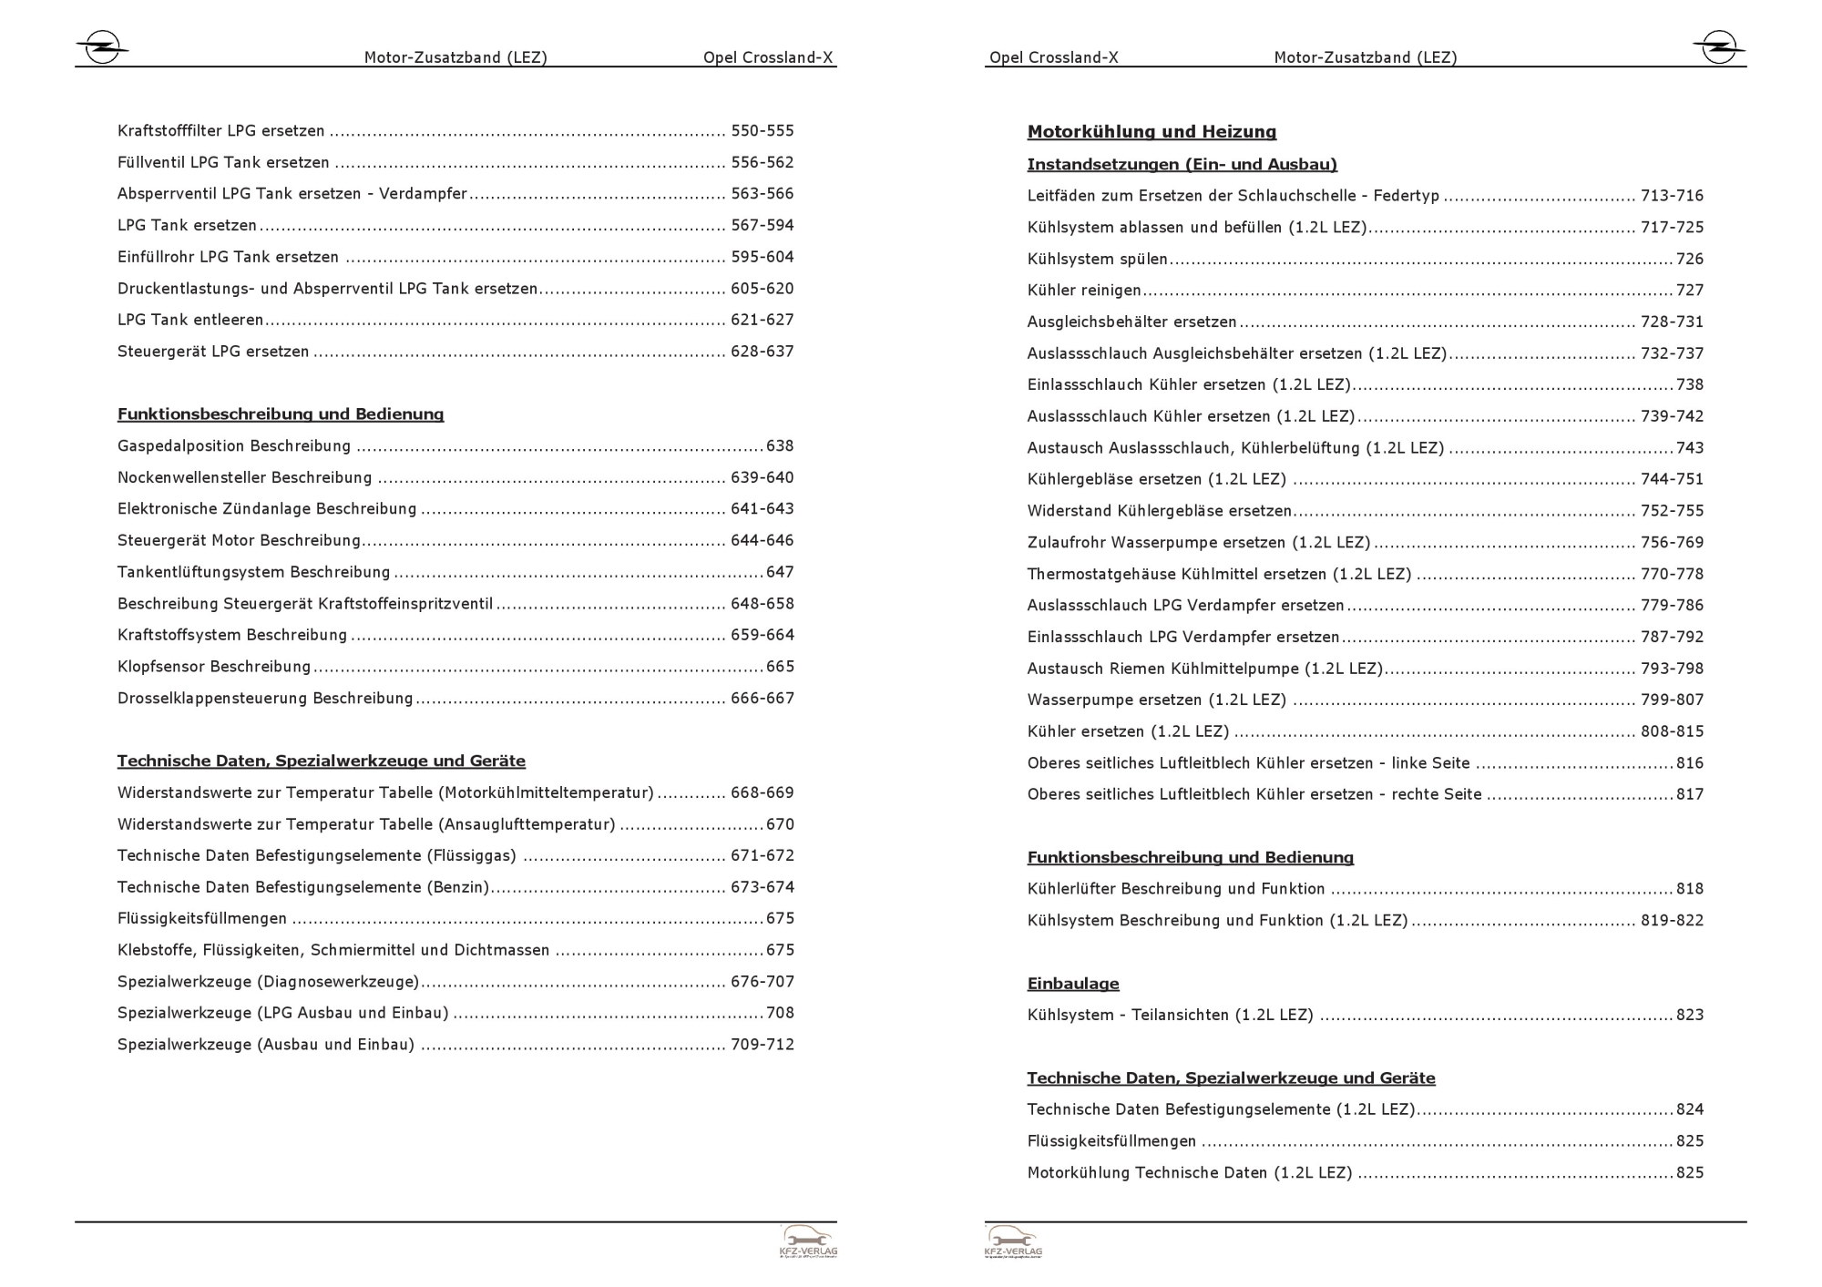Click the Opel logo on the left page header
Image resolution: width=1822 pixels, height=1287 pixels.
point(101,47)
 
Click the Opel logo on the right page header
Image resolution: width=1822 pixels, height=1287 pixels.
point(1718,46)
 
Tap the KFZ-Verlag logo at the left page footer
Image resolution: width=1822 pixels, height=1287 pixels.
point(808,1241)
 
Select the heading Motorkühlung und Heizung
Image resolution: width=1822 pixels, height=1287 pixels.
point(1152,132)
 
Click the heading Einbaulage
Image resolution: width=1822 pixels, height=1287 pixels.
point(1073,984)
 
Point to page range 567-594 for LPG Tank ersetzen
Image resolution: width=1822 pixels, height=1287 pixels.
point(763,225)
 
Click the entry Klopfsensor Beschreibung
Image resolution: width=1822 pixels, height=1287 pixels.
point(214,667)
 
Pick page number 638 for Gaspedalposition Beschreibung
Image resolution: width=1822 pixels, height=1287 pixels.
point(780,446)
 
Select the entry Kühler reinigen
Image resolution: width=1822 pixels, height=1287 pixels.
point(1084,291)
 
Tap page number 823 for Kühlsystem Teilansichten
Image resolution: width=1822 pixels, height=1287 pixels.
point(1690,1015)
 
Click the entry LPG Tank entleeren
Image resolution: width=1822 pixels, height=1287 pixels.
point(190,320)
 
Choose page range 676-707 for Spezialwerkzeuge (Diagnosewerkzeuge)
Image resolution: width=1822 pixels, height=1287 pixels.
point(763,982)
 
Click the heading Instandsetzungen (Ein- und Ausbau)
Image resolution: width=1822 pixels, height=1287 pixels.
point(1182,165)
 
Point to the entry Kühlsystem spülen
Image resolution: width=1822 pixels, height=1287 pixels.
point(1097,259)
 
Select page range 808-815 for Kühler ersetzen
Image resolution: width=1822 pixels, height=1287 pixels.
point(1672,731)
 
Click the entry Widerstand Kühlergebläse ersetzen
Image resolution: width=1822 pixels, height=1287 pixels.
point(1160,511)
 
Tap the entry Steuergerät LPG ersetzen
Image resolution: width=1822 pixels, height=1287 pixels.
point(213,352)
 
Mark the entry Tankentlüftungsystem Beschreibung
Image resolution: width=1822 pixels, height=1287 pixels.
point(253,572)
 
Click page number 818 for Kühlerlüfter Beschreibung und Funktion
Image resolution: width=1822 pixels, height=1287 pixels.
point(1690,889)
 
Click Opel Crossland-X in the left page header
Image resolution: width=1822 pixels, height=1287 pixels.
point(768,57)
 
